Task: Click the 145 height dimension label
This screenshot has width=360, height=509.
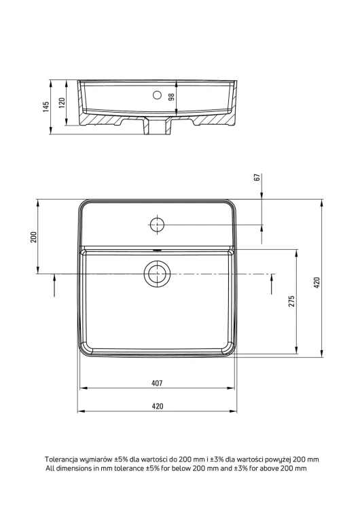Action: coord(46,107)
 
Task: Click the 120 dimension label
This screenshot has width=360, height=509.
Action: coord(62,102)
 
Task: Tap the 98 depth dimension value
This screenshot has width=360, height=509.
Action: coord(171,97)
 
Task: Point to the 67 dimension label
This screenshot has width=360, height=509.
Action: coord(257,177)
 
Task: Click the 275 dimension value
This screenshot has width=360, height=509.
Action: coord(291,301)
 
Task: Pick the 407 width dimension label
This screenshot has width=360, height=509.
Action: coord(157,383)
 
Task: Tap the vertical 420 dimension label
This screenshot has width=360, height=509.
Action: coord(317,283)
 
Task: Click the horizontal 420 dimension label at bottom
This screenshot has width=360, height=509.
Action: coord(158,406)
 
